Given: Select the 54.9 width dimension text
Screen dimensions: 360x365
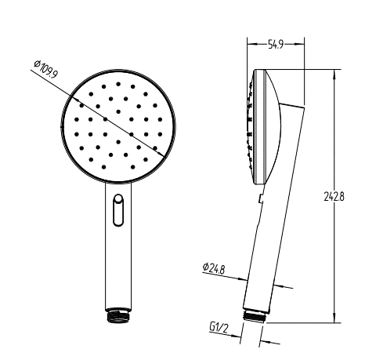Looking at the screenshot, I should click(276, 46).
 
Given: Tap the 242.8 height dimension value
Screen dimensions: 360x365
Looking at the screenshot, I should click(334, 196).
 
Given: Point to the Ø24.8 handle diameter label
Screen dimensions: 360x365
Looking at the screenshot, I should click(214, 268).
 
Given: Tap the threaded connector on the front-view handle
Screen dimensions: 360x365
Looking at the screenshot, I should click(117, 315).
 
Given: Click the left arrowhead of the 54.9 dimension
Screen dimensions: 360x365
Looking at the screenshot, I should click(249, 46).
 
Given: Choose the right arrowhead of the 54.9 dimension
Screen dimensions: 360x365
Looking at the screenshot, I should click(304, 46).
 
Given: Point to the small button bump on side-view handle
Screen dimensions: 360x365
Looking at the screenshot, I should click(258, 201).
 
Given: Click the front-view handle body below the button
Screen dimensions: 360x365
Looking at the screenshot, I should click(117, 267).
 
